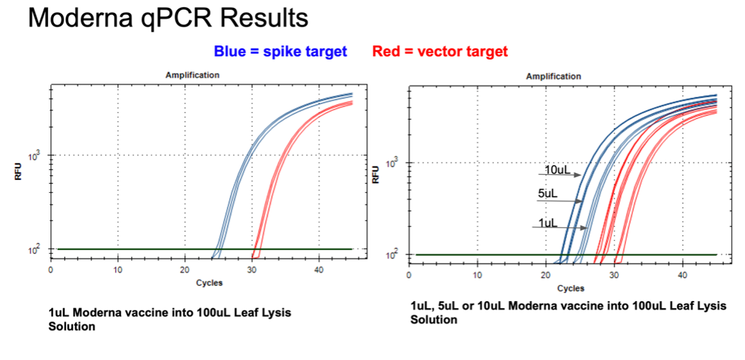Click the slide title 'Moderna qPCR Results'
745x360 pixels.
pyautogui.click(x=168, y=19)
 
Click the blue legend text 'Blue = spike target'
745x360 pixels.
pyautogui.click(x=280, y=52)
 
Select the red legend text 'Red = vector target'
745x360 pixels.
pyautogui.click(x=439, y=52)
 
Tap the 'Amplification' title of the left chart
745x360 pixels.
pyautogui.click(x=192, y=75)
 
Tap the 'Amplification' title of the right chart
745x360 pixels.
pyautogui.click(x=553, y=76)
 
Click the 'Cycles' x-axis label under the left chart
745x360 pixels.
pyautogui.click(x=209, y=283)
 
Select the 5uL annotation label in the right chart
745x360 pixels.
pyautogui.click(x=548, y=193)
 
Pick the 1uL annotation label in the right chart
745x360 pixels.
pyautogui.click(x=548, y=223)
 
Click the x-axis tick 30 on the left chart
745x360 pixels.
pyautogui.click(x=252, y=269)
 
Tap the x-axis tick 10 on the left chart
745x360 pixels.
pyautogui.click(x=117, y=269)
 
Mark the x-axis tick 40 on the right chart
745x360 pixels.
pyautogui.click(x=682, y=275)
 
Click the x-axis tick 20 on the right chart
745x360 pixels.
pyautogui.click(x=545, y=275)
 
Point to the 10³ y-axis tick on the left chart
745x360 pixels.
pyautogui.click(x=36, y=155)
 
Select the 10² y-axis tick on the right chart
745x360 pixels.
pyautogui.click(x=392, y=256)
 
